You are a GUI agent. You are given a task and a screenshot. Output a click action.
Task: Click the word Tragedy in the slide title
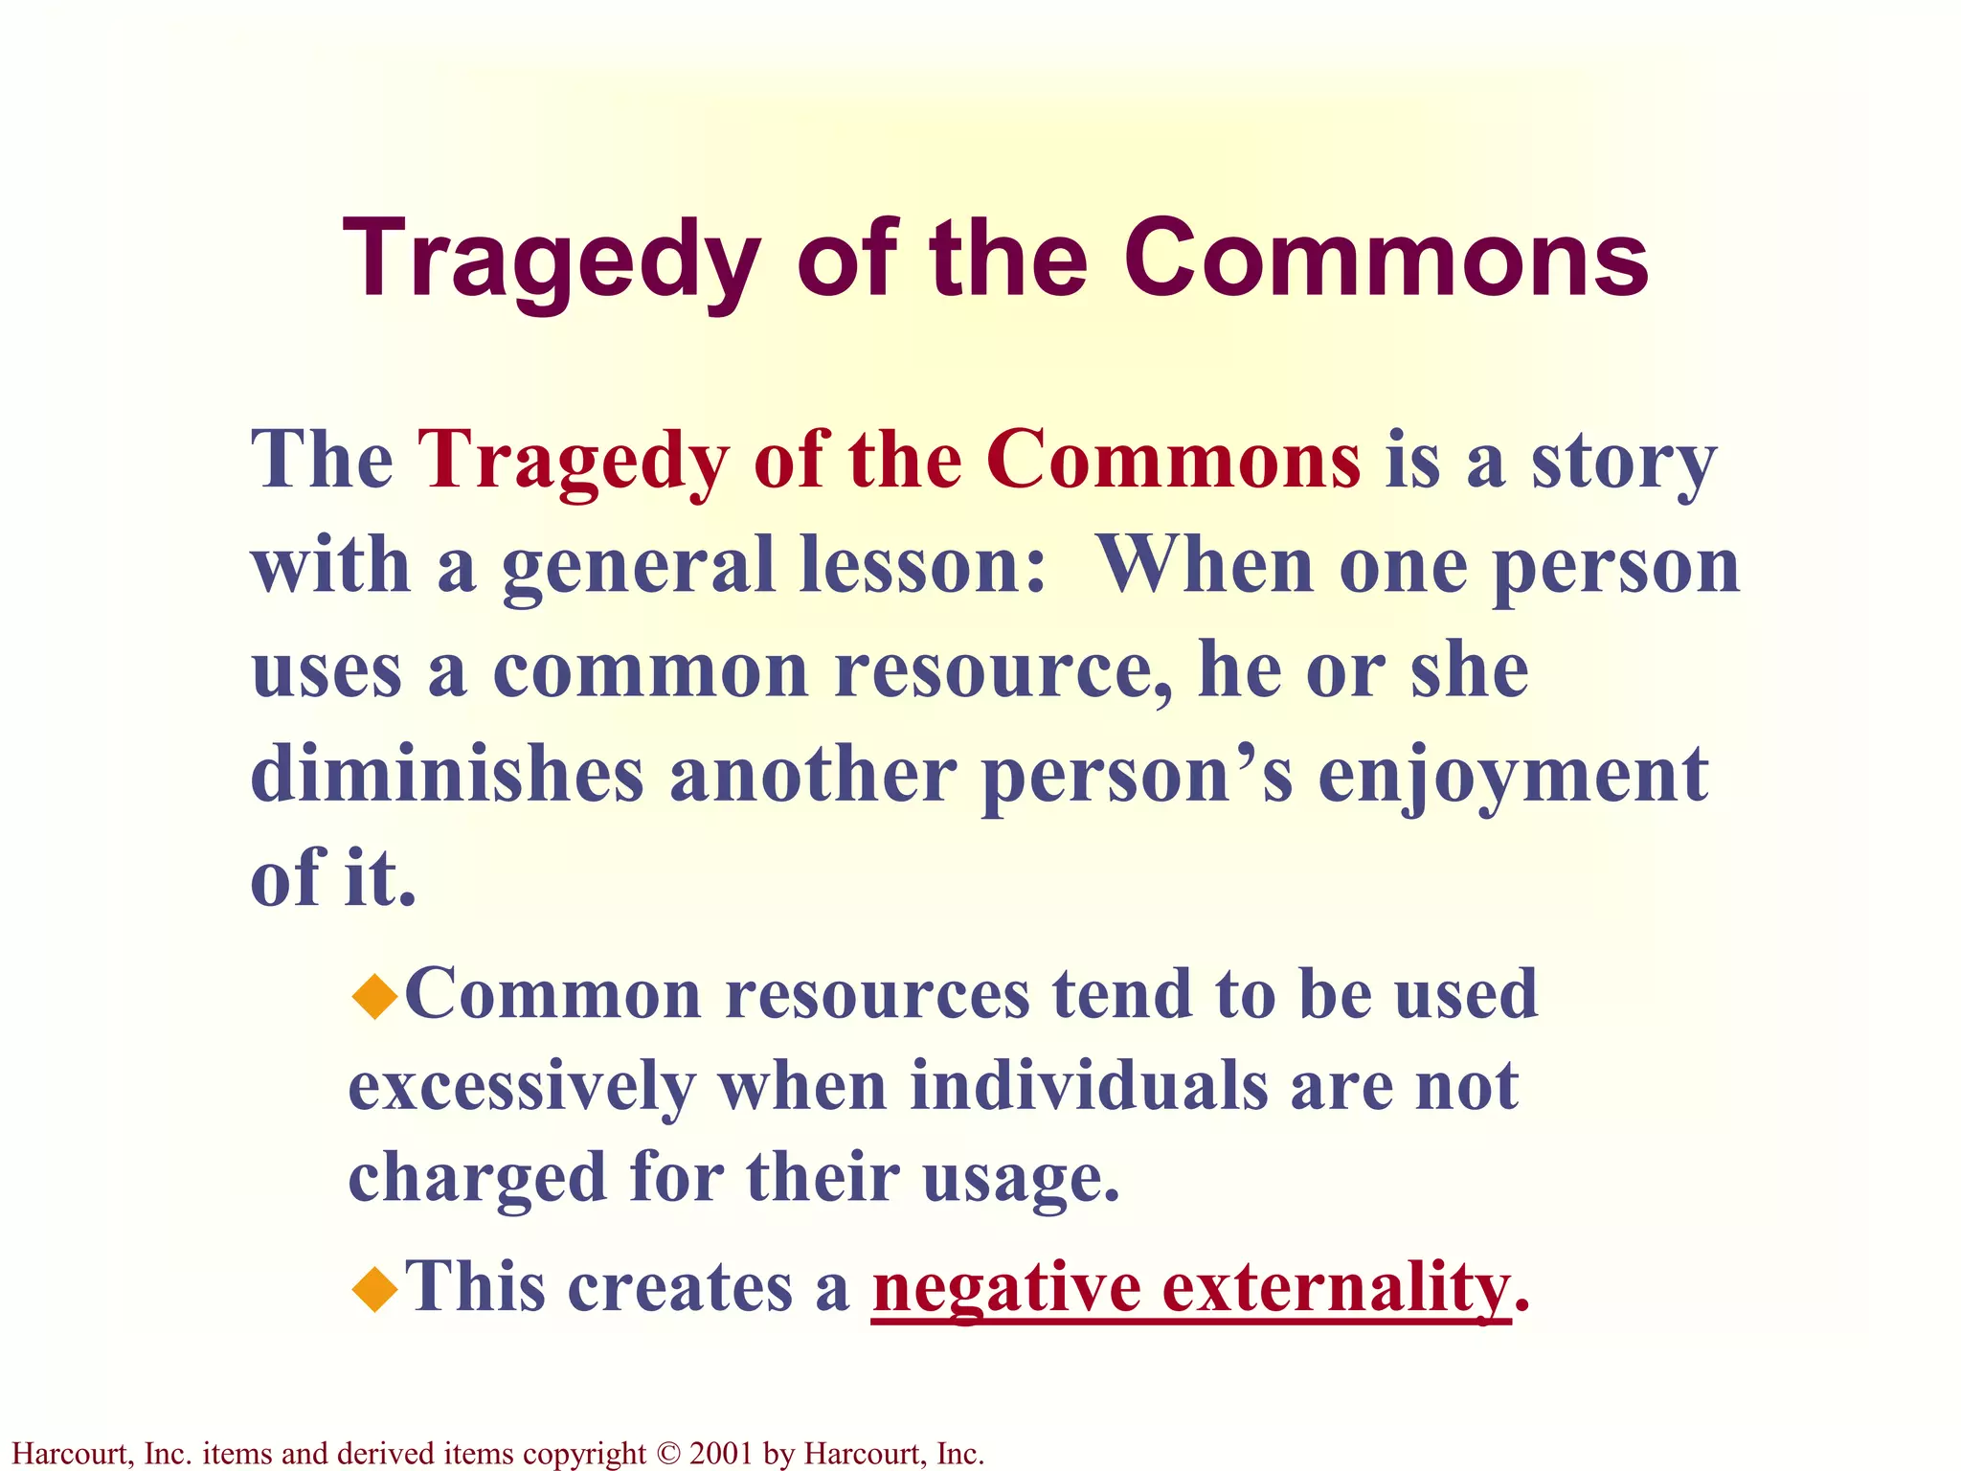click(x=552, y=260)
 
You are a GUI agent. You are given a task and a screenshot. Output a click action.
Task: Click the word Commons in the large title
click(x=1386, y=260)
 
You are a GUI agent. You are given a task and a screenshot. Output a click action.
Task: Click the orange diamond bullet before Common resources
click(x=374, y=996)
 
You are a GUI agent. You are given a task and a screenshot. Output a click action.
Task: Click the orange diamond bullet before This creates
click(x=374, y=1288)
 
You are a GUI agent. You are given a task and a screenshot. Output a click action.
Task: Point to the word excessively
click(x=523, y=1087)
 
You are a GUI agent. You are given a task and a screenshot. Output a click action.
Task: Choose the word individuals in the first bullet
click(x=1089, y=1087)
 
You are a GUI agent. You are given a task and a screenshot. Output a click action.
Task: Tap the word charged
click(x=477, y=1178)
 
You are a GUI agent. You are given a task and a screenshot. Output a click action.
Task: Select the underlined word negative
click(x=1005, y=1288)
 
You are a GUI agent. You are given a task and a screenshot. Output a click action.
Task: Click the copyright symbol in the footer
click(x=668, y=1454)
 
